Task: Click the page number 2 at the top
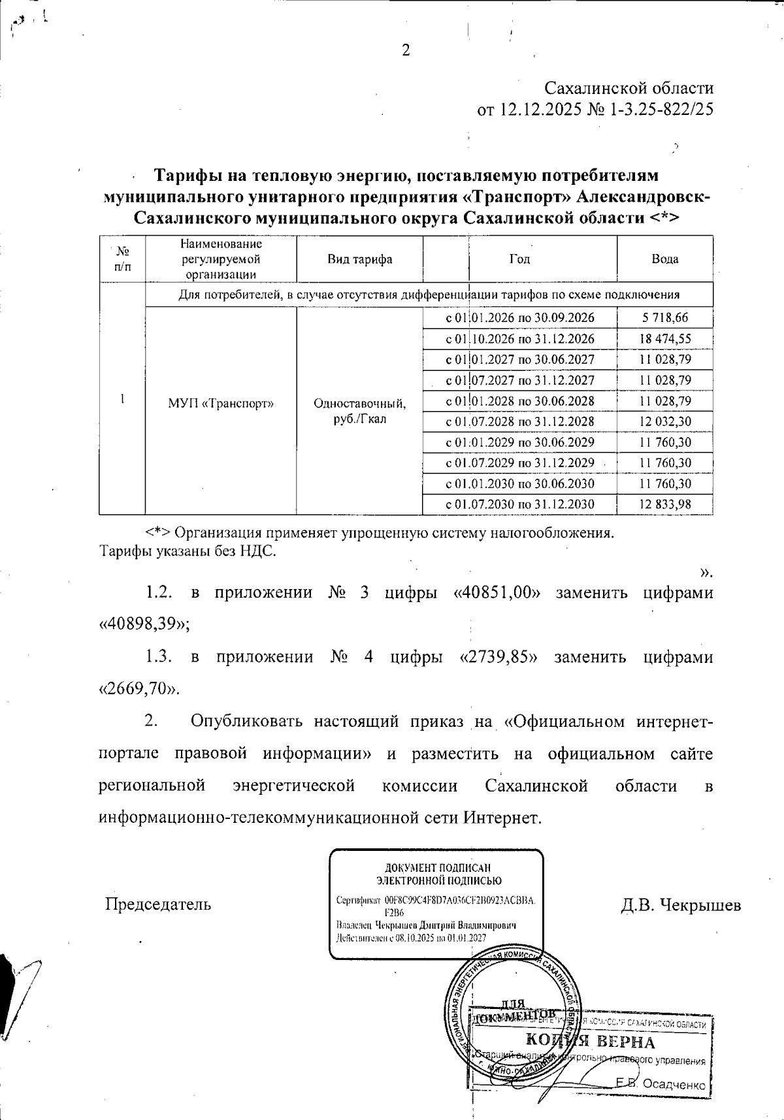[406, 50]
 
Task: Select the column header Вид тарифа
[359, 259]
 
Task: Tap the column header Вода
[664, 259]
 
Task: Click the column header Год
[519, 259]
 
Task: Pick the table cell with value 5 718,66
[664, 318]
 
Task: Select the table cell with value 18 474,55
[664, 339]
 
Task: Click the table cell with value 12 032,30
[664, 422]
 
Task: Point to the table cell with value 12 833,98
[664, 505]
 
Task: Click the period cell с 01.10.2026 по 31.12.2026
[519, 339]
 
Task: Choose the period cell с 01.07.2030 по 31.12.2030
[519, 505]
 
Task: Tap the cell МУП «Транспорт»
[220, 404]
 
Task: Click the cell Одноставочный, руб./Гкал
[359, 411]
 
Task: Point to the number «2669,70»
[139, 688]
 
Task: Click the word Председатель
[159, 904]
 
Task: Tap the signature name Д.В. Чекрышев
[680, 905]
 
